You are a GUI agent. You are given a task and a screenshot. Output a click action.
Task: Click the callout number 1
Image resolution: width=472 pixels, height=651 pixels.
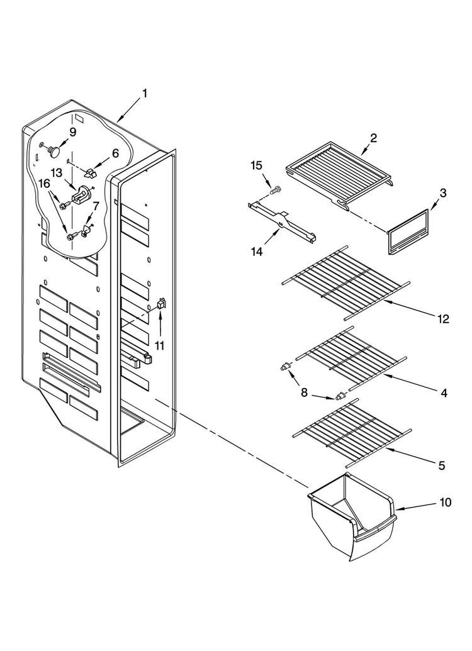coord(145,94)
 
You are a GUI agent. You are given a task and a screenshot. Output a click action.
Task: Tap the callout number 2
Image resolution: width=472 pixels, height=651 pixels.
coord(374,138)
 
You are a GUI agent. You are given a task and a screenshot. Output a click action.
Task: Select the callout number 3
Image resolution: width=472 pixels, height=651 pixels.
coord(443,193)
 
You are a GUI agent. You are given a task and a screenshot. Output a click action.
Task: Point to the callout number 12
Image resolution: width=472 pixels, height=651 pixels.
coord(443,319)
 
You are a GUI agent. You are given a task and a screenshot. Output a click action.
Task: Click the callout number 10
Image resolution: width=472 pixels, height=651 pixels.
coord(445,503)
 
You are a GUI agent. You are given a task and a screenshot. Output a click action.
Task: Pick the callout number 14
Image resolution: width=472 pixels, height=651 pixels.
coord(257,251)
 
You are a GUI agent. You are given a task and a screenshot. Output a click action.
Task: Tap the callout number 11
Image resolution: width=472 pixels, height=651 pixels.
coord(160,345)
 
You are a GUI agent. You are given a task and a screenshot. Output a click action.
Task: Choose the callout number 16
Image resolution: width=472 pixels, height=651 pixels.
coord(45,184)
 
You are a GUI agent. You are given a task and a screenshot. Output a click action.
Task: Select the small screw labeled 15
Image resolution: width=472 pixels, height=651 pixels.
coord(275,191)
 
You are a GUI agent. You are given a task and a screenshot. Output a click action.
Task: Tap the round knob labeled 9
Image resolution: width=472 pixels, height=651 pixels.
coord(53,152)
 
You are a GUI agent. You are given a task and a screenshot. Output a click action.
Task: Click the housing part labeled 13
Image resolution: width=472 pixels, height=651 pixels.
coord(82,194)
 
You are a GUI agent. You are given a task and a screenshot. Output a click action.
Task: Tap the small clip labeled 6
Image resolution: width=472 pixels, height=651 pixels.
coord(91,171)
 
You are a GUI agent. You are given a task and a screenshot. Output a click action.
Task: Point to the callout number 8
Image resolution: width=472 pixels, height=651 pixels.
coord(304,392)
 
